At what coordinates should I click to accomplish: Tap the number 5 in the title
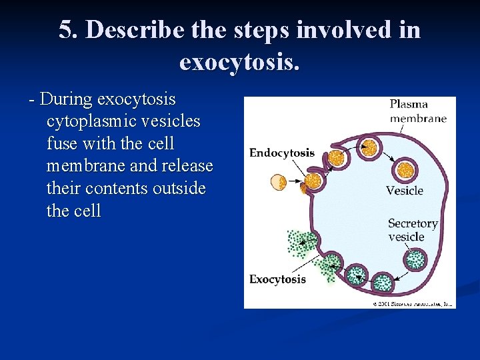(x=65, y=30)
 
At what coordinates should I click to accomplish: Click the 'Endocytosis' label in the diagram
(x=281, y=153)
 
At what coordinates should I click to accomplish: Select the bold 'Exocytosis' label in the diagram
(x=277, y=279)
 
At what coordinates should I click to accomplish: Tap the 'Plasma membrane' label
(x=418, y=111)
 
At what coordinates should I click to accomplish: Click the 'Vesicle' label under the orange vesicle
(x=405, y=191)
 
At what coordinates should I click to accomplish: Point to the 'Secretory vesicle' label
(x=412, y=230)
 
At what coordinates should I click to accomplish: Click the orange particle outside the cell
(x=278, y=181)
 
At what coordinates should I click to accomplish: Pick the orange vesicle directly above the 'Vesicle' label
(x=405, y=169)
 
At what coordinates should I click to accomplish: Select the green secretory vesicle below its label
(x=416, y=258)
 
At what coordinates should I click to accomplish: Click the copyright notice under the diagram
(x=413, y=303)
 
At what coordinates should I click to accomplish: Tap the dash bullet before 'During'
(x=32, y=100)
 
